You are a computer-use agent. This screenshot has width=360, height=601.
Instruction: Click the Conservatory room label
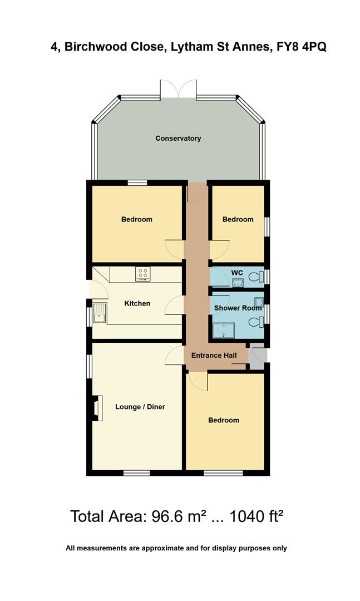pyautogui.click(x=178, y=138)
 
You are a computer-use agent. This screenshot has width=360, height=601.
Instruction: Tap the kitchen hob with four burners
pyautogui.click(x=143, y=273)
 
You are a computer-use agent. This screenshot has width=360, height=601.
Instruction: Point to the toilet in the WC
pyautogui.click(x=257, y=277)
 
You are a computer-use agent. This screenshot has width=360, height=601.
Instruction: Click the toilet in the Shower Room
pyautogui.click(x=257, y=322)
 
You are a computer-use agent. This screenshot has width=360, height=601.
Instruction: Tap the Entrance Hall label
pyautogui.click(x=214, y=356)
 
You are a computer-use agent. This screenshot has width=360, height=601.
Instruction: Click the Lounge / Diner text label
pyautogui.click(x=140, y=407)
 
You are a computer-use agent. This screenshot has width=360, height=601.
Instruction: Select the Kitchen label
pyautogui.click(x=137, y=303)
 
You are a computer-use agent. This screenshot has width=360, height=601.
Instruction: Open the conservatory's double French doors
pyautogui.click(x=178, y=89)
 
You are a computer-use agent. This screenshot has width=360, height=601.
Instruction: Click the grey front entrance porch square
pyautogui.click(x=258, y=356)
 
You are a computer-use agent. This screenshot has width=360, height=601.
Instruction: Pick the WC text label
pyautogui.click(x=238, y=272)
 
